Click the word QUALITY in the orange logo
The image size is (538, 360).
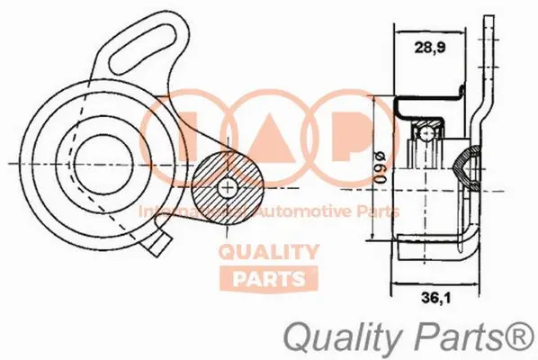click(x=269, y=253)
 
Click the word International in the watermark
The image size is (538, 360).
click(x=184, y=213)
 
